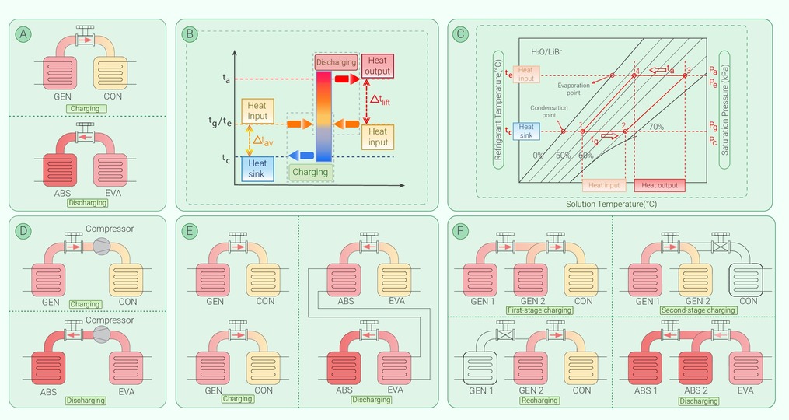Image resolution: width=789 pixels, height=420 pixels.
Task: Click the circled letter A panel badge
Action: (26, 33)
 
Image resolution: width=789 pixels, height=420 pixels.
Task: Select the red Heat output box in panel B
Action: (377, 66)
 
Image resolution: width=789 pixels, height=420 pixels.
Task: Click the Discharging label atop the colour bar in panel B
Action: (336, 62)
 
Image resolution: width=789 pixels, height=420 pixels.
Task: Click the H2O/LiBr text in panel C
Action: (546, 51)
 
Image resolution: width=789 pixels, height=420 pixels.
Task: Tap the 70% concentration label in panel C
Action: (656, 127)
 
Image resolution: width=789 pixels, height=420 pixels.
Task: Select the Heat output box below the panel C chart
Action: (660, 185)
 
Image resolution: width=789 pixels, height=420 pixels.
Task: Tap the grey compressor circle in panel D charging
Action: (101, 246)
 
